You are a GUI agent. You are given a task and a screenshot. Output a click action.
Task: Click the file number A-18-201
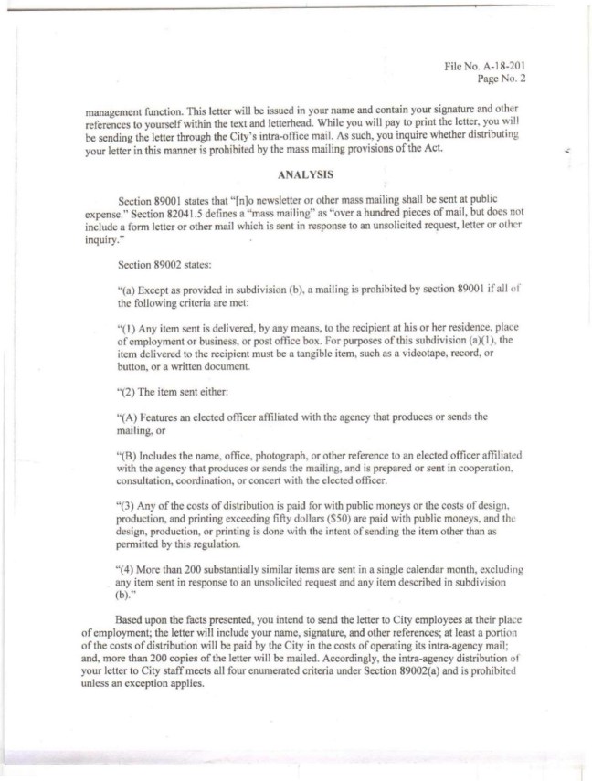[x=496, y=66]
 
